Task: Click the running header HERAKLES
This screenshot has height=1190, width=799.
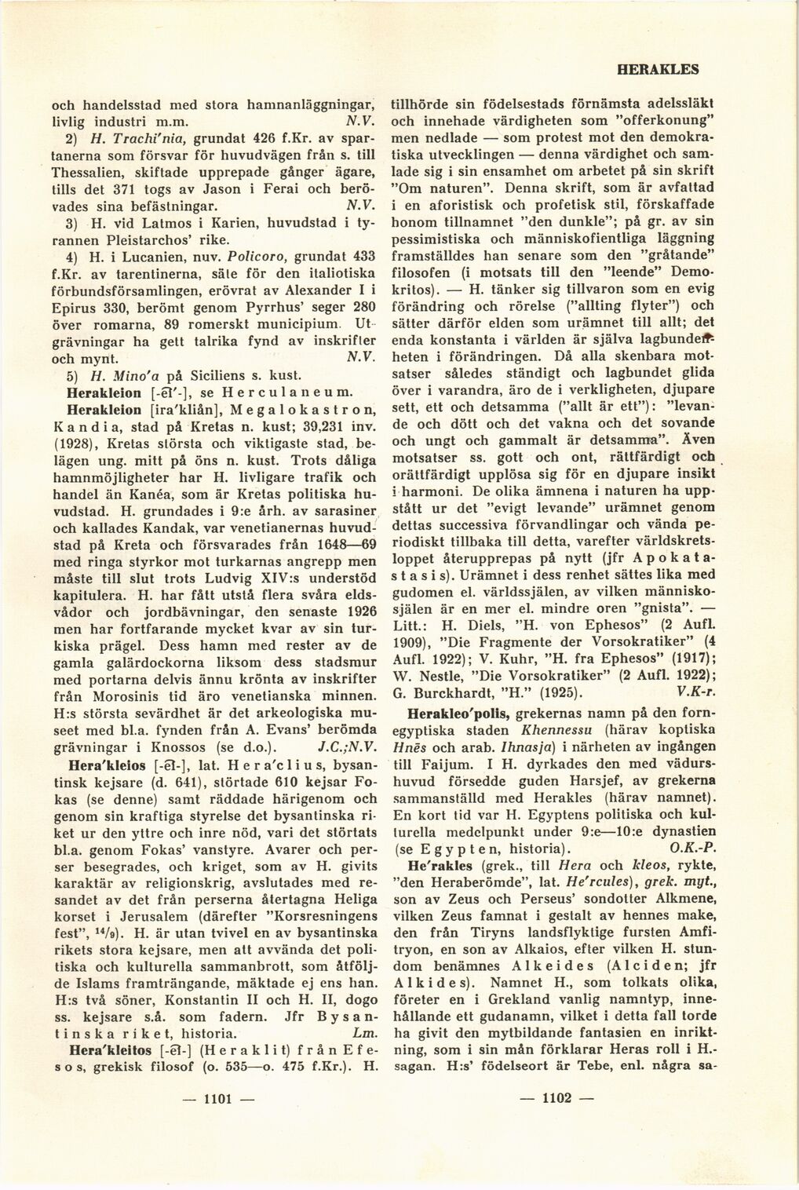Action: click(x=659, y=69)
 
